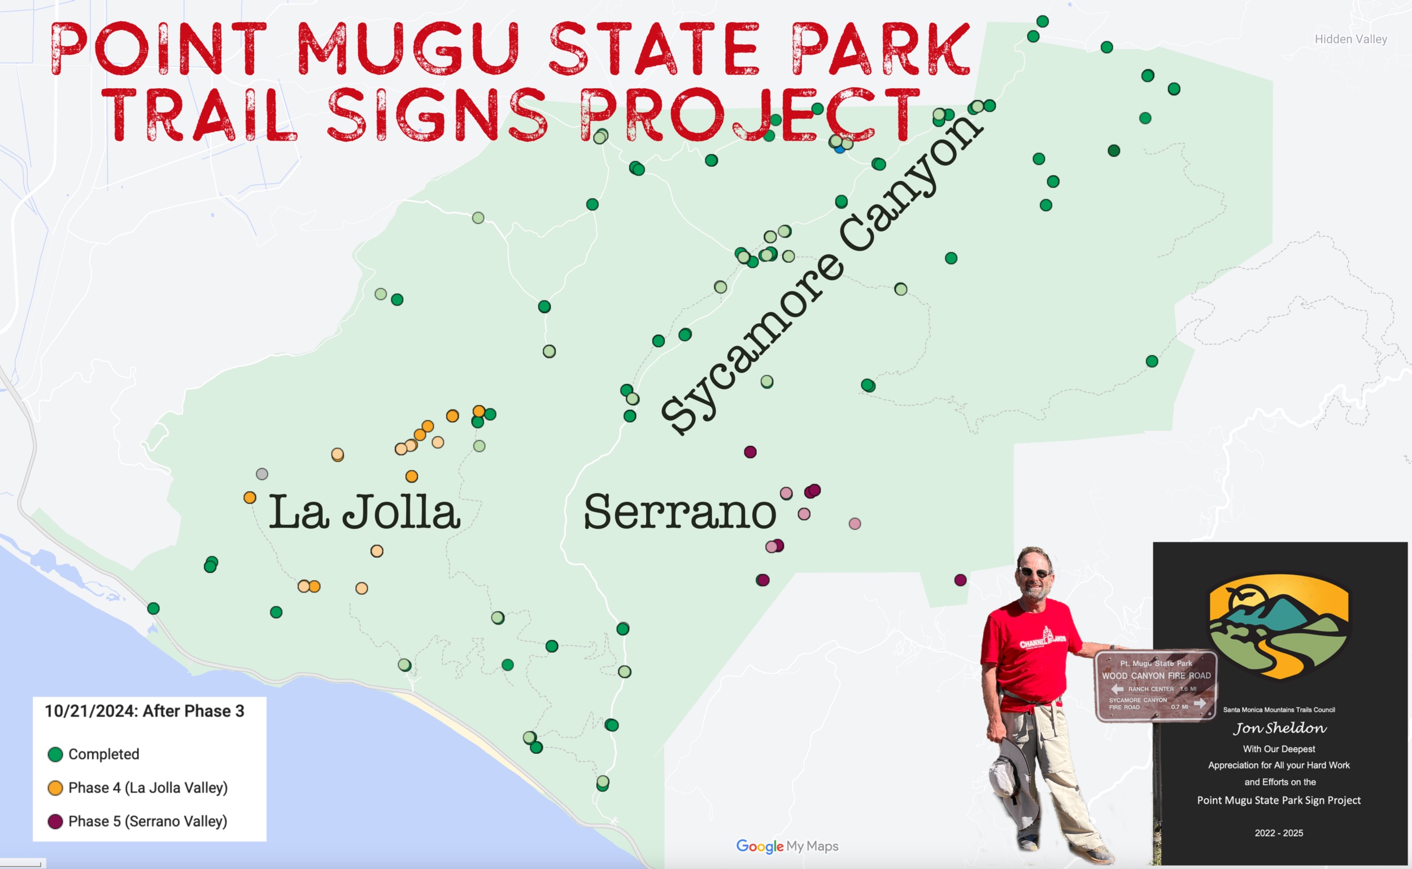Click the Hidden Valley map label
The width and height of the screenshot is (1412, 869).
pyautogui.click(x=1350, y=39)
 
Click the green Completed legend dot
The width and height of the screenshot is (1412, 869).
pyautogui.click(x=55, y=754)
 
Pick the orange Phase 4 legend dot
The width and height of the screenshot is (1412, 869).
pyautogui.click(x=55, y=788)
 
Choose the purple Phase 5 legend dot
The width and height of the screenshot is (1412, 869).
pyautogui.click(x=55, y=822)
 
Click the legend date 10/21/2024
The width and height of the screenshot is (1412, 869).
pyautogui.click(x=91, y=711)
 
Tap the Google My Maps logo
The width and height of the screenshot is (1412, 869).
pyautogui.click(x=787, y=846)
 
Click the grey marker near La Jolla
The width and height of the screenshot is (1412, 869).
pyautogui.click(x=262, y=474)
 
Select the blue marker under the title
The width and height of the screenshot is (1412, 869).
pyautogui.click(x=840, y=148)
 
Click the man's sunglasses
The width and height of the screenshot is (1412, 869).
pyautogui.click(x=1035, y=572)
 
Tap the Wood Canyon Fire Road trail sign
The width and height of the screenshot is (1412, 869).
pyautogui.click(x=1155, y=685)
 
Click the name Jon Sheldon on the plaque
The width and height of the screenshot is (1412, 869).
pyautogui.click(x=1279, y=729)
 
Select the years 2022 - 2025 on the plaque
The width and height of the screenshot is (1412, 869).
pyautogui.click(x=1279, y=833)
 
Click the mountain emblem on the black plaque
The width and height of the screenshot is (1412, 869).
pyautogui.click(x=1279, y=627)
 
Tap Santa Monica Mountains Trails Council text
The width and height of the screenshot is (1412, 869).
pyautogui.click(x=1279, y=710)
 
